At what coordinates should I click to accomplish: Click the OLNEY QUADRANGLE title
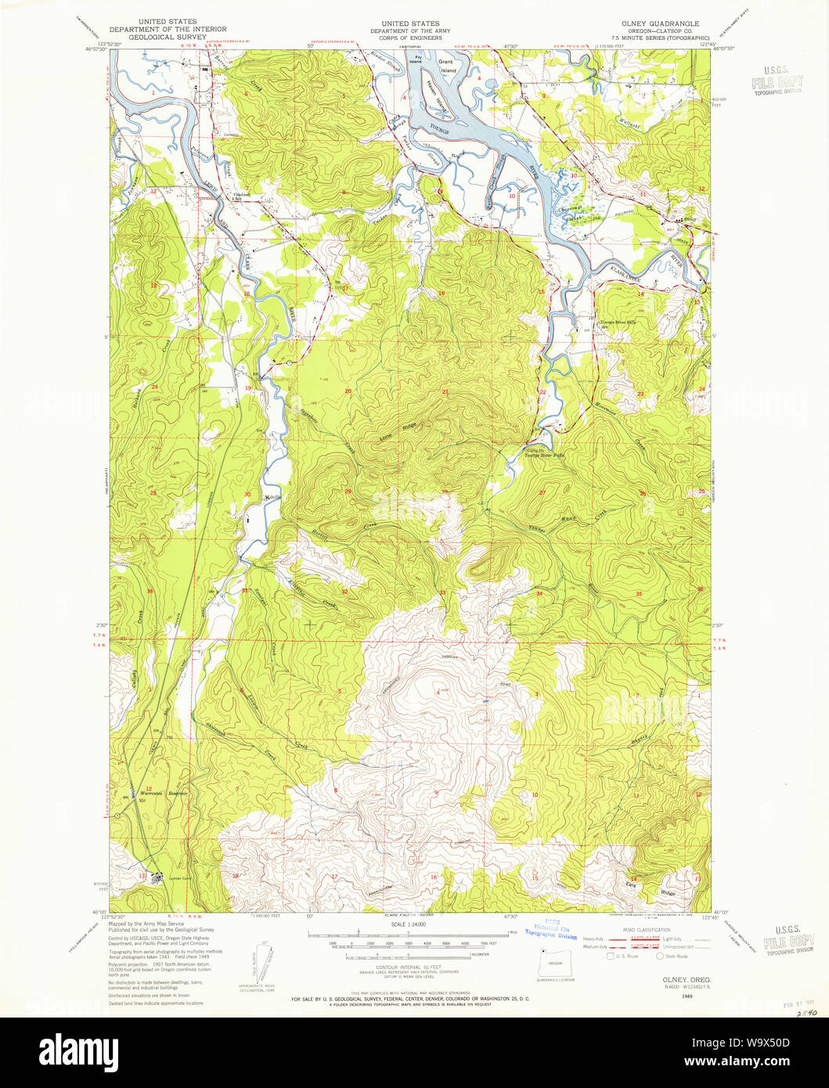669,24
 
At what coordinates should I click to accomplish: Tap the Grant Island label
447,66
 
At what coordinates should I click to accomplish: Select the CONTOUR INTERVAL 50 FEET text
409,967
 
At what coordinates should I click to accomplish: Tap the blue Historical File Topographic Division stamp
551,930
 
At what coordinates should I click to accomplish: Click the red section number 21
445,391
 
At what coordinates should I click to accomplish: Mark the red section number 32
345,592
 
